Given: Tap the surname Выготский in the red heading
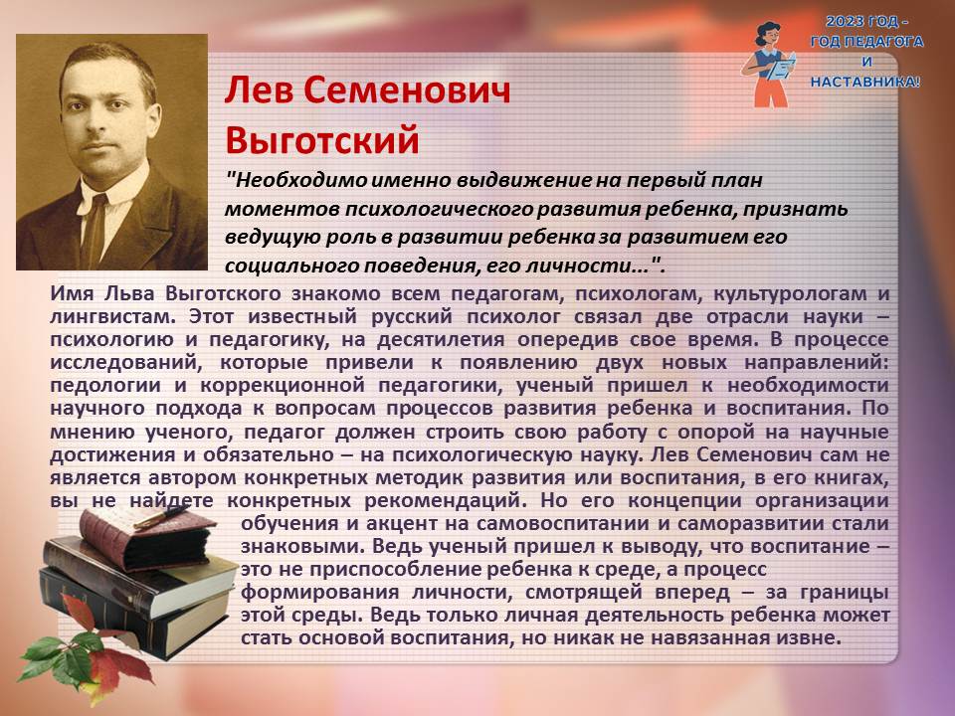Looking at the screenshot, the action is click(322, 140).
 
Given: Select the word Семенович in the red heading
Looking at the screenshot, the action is click(406, 90).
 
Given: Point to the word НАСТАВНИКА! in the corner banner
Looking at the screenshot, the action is click(865, 82).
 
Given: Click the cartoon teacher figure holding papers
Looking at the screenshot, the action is click(769, 65).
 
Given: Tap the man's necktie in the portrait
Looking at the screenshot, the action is click(94, 230).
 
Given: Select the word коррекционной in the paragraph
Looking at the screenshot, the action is click(283, 386).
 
